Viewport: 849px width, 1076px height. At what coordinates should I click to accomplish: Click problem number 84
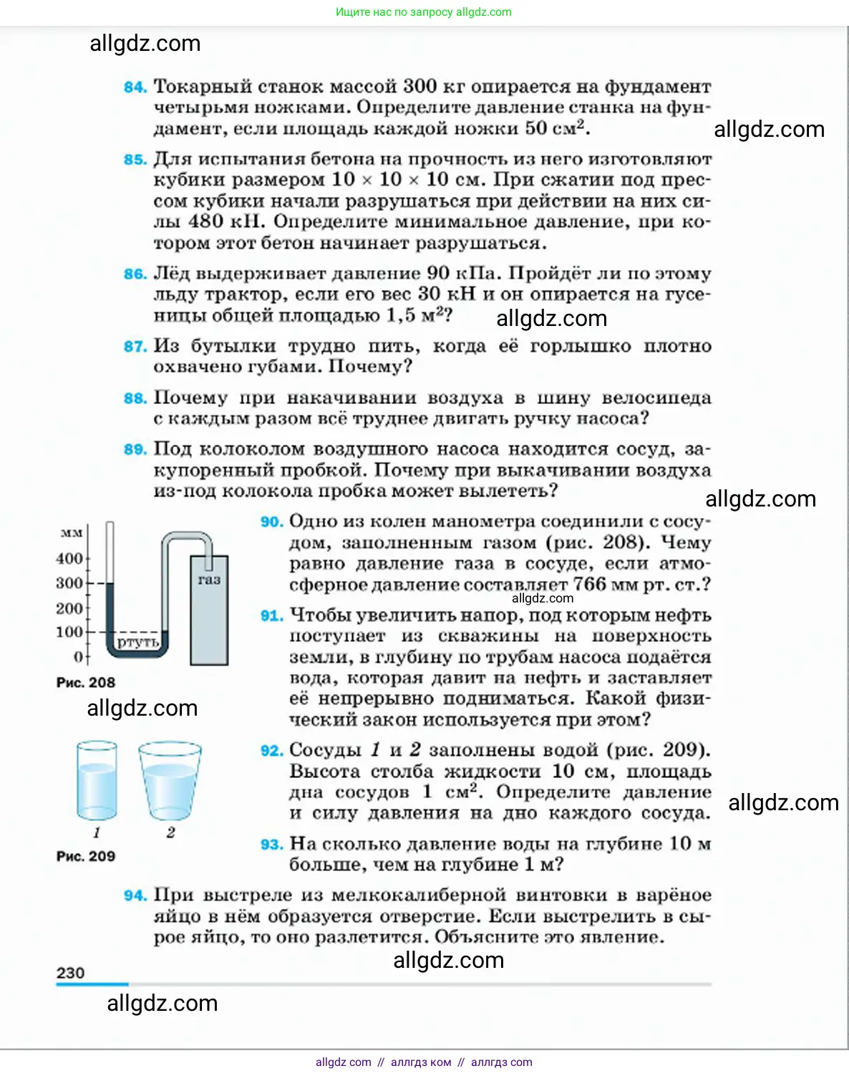point(135,87)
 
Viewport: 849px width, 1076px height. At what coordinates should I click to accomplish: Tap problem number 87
point(135,347)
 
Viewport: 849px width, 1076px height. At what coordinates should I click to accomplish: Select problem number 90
point(271,522)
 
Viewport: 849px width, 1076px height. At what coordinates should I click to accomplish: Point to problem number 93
point(271,845)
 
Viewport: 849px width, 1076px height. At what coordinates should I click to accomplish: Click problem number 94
point(135,895)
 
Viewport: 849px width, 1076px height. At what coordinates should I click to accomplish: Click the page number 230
point(70,973)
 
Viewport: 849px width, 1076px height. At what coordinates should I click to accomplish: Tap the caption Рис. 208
point(85,683)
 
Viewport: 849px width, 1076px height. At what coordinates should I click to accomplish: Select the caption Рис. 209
point(85,856)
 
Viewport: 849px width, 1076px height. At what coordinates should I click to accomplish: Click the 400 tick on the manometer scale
point(69,558)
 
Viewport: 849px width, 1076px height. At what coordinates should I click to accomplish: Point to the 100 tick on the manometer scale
point(69,632)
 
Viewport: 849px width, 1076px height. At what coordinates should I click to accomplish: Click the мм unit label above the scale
point(72,533)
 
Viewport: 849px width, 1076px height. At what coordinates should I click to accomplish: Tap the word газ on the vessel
point(209,580)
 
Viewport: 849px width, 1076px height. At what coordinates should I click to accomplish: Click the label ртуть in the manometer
point(137,642)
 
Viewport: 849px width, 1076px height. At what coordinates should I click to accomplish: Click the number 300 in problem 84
point(419,86)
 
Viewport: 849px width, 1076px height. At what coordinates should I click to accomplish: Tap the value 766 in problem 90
point(589,585)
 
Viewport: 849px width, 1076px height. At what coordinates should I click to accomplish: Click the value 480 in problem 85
point(206,221)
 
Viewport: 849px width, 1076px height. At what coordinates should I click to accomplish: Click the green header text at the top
point(424,12)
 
